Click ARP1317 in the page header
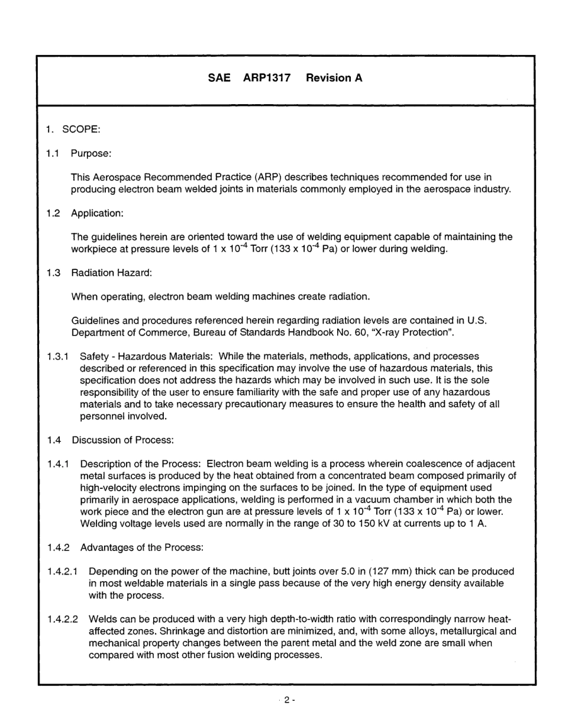(266, 78)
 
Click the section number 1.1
(53, 153)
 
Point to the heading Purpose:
(91, 153)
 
